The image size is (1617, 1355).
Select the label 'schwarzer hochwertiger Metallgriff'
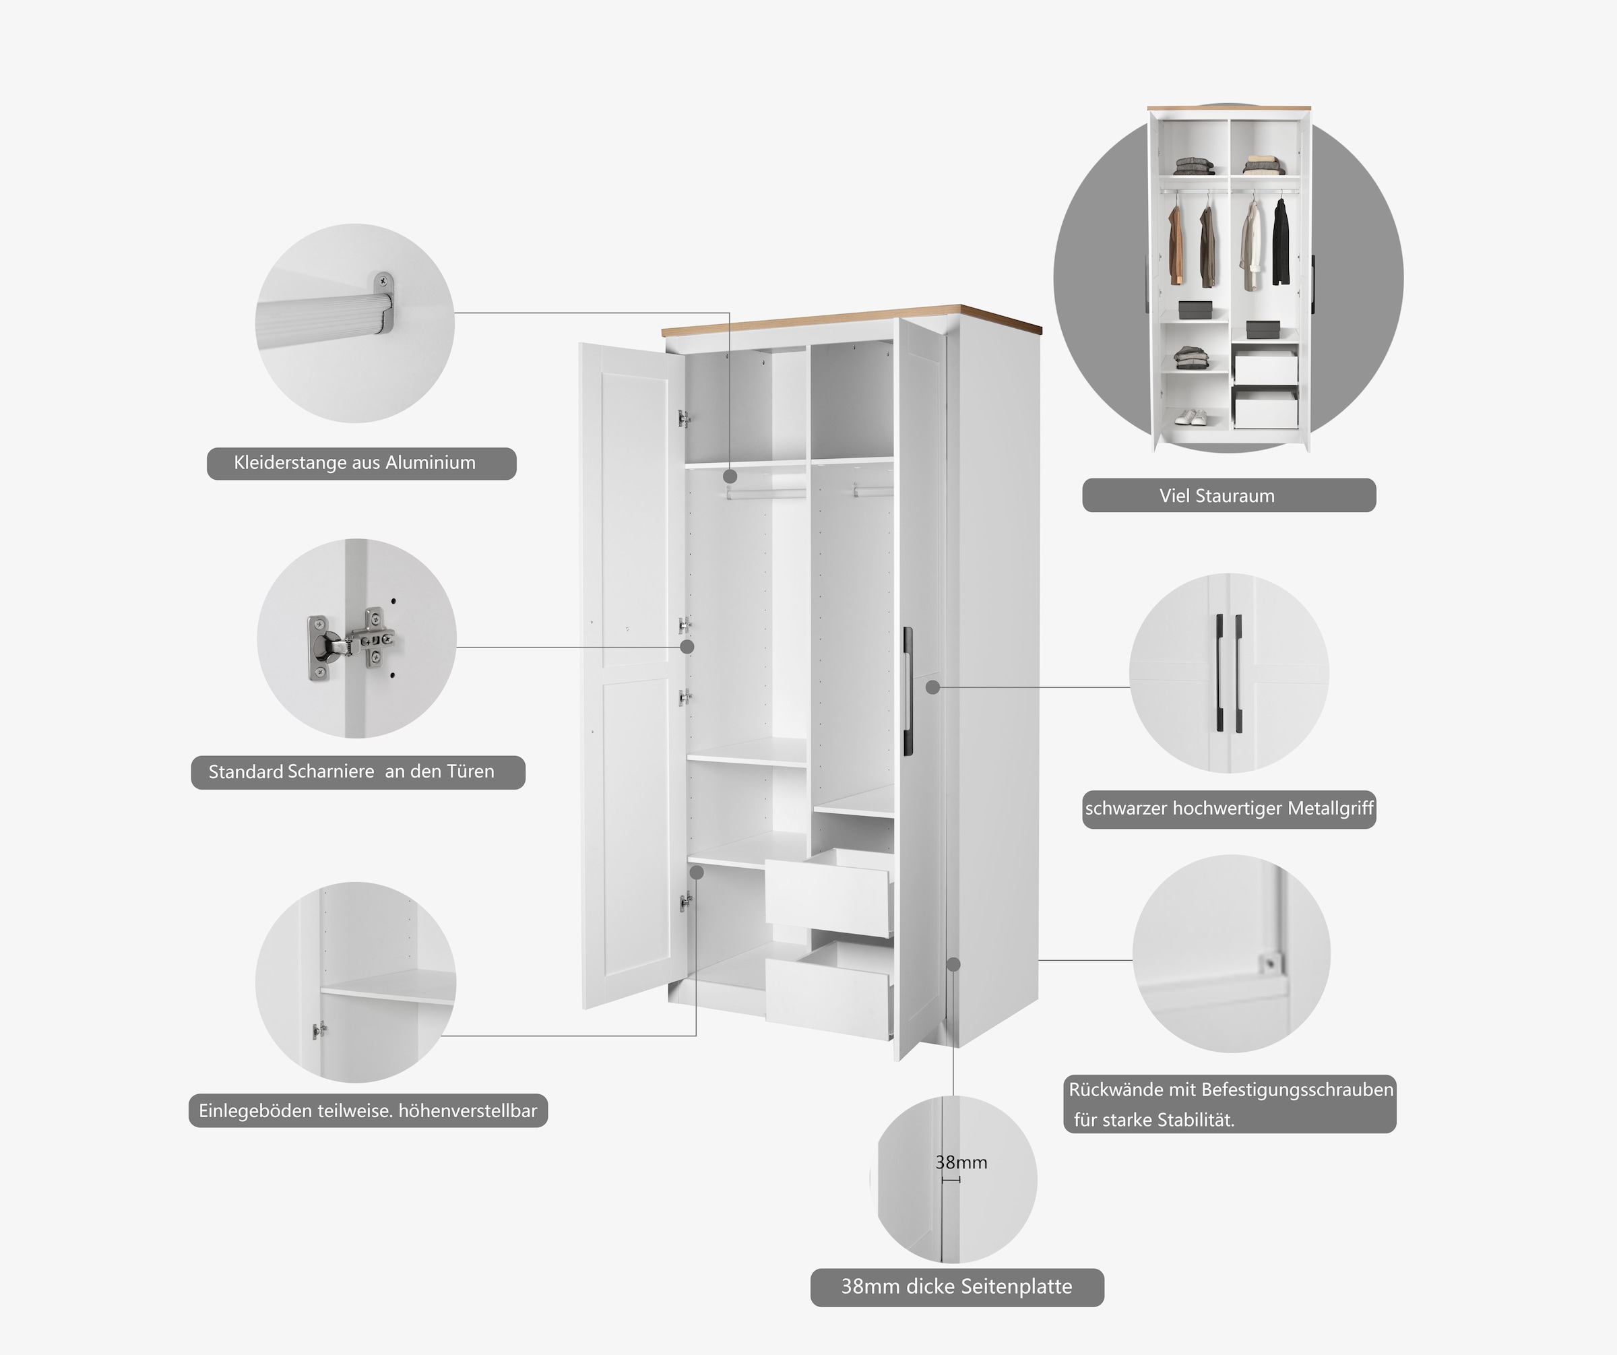(1229, 809)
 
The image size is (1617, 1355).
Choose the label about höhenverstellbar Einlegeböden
(367, 1111)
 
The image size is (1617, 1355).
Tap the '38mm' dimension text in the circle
(961, 1162)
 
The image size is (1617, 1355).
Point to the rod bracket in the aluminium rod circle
(383, 303)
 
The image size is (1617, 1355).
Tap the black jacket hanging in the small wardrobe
(1281, 243)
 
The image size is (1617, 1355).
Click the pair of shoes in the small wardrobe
(1191, 416)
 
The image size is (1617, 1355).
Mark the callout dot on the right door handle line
(932, 687)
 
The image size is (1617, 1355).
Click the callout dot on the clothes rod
(730, 476)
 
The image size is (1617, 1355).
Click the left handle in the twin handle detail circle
(1220, 673)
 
